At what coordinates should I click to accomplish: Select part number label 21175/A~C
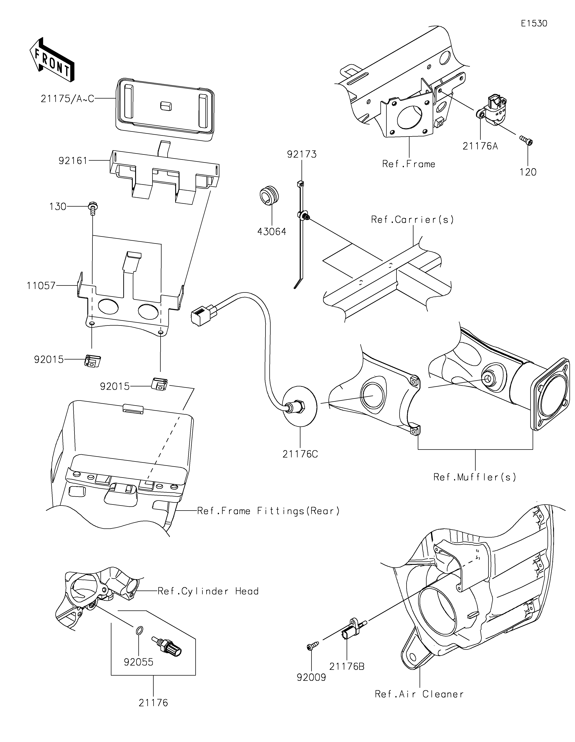coord(67,99)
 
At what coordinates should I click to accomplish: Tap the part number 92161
coord(73,161)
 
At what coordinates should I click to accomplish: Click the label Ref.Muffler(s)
coord(475,477)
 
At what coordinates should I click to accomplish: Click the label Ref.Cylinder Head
coord(208,591)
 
